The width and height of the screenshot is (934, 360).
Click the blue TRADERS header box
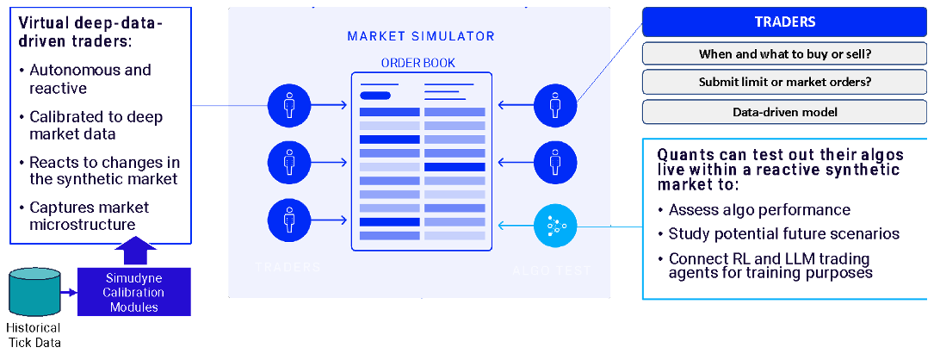click(x=784, y=22)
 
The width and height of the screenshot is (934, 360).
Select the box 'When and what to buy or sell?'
click(x=784, y=53)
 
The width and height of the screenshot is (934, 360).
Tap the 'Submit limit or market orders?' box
click(x=784, y=83)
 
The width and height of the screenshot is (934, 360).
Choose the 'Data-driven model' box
click(x=784, y=112)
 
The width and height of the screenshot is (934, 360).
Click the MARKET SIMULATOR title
click(x=421, y=36)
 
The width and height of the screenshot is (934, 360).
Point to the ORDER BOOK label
click(x=418, y=63)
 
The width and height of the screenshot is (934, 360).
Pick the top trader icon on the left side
click(x=288, y=106)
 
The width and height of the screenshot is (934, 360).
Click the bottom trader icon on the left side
click(x=288, y=220)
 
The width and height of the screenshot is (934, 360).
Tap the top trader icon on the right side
click(x=554, y=106)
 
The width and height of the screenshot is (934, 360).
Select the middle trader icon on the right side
click(x=554, y=161)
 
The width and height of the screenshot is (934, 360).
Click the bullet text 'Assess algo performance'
click(x=759, y=209)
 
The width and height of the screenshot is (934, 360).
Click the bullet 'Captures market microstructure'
click(x=89, y=216)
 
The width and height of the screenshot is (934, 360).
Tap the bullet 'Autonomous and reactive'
click(x=90, y=78)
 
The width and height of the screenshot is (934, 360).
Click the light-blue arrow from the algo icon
click(x=516, y=227)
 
